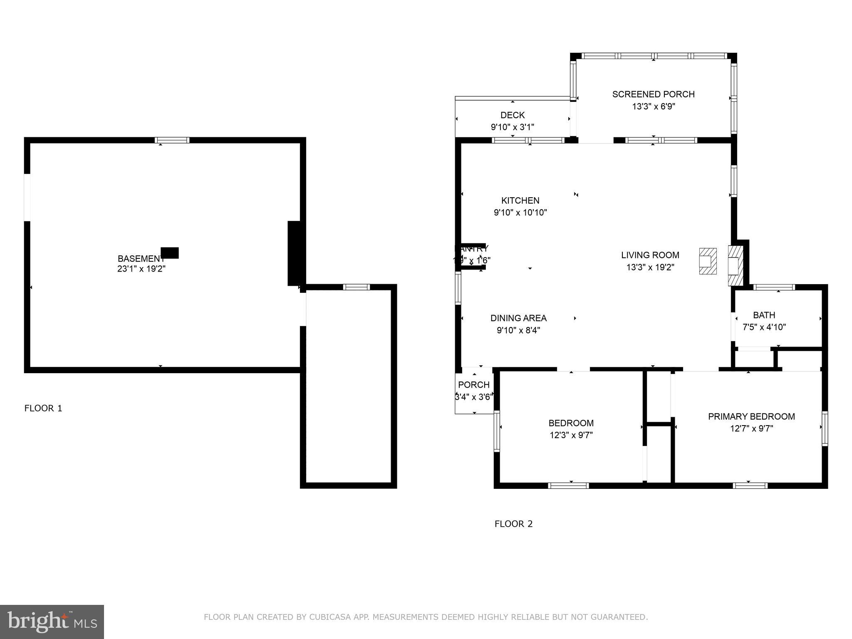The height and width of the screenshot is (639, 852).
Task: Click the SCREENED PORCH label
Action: coord(653,94)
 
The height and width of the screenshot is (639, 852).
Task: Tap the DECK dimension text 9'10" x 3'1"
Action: coord(512,127)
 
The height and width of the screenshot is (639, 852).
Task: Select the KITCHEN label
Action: coord(520,201)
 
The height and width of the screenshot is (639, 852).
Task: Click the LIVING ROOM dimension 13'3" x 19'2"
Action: coord(650,267)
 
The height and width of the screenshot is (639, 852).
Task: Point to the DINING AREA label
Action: coord(518,318)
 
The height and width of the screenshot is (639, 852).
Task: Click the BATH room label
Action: coord(764,315)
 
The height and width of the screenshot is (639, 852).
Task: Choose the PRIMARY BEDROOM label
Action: coord(751,416)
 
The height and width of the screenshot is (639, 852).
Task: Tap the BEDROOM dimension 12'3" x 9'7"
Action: coord(571,435)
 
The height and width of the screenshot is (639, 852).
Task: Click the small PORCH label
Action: coord(474,385)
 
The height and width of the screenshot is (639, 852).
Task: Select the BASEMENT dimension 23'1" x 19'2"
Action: coord(141,269)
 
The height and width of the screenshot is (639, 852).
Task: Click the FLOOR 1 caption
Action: coord(43,408)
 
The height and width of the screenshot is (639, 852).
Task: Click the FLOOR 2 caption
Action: coord(513,524)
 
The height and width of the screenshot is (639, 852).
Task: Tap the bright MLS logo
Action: coord(52,622)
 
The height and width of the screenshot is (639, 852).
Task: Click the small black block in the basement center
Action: coord(170,253)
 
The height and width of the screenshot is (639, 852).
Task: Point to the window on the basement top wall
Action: coord(172,140)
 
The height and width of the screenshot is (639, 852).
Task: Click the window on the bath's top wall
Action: coord(774,287)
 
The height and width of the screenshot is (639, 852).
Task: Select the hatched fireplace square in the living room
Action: coord(708,261)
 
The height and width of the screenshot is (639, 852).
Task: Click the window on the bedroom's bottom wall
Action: coord(568,485)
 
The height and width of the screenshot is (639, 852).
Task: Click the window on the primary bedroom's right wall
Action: coord(825,428)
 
